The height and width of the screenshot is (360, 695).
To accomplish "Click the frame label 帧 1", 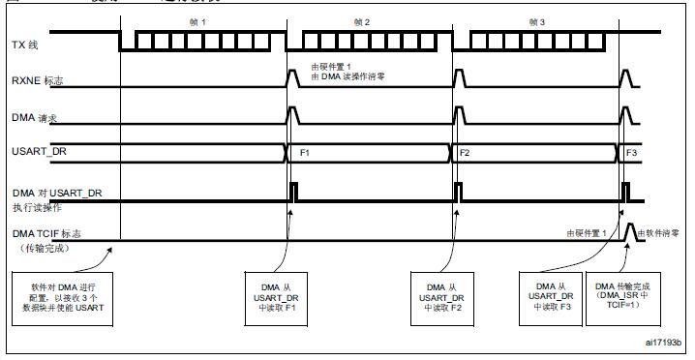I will pos(202,20).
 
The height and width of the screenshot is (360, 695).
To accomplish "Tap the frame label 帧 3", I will pos(539,20).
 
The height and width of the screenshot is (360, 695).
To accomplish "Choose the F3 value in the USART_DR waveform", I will pos(632,153).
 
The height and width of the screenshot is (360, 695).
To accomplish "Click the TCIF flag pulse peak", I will pos(631,225).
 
